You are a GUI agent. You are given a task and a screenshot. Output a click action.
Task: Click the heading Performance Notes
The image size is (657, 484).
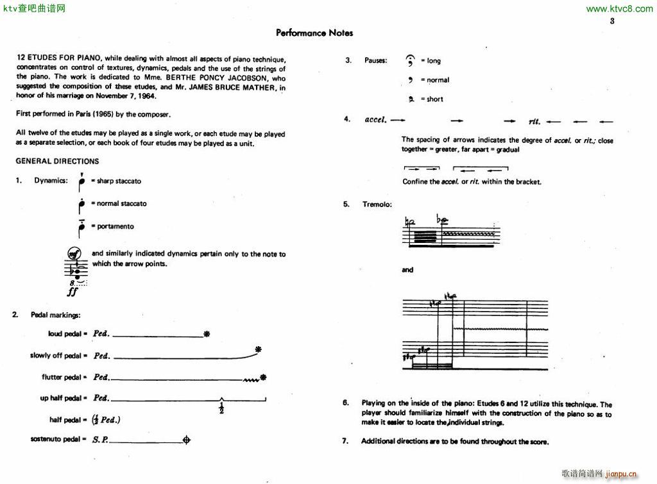coord(314,33)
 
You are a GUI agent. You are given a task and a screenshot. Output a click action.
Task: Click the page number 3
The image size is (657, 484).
coord(612,21)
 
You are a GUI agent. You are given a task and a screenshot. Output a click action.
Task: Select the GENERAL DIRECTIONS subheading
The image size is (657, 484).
coord(58,161)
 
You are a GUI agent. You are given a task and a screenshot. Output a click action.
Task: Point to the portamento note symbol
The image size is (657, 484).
coord(81,227)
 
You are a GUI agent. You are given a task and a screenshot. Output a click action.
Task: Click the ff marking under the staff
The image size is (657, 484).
coord(72,292)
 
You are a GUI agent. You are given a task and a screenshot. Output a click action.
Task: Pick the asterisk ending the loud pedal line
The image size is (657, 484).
coord(206,334)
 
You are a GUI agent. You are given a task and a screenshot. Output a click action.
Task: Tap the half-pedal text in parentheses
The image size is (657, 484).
coord(107,420)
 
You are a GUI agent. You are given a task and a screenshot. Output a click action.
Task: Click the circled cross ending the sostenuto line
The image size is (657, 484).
coord(187,440)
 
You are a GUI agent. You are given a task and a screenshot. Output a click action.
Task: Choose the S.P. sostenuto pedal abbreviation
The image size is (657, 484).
coord(100,440)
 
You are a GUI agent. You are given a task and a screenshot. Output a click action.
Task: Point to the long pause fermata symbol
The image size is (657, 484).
coord(410,60)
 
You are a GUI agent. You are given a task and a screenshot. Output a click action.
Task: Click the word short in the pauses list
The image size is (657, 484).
coord(435,99)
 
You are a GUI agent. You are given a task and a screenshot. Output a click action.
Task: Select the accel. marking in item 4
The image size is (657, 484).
coord(375,120)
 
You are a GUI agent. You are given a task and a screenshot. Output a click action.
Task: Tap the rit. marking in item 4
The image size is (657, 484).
coord(534,121)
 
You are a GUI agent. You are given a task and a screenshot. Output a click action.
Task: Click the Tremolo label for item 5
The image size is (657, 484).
coord(377,204)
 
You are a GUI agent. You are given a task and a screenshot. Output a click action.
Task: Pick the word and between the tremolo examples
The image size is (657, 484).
coord(408,270)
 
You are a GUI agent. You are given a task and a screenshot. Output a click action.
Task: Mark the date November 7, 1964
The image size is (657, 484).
coord(126,96)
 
